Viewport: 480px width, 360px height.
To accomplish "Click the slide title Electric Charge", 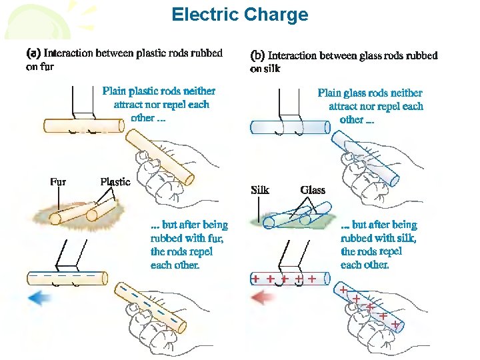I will pos(240,15).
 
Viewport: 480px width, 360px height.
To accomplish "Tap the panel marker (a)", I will pos(33,53).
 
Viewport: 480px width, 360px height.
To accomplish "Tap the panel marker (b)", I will pos(257,55).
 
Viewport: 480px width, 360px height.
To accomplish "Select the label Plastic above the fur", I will pos(115,181).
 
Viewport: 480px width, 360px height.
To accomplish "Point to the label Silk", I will pos(259,190).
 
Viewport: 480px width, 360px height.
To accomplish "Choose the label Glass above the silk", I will pos(313,190).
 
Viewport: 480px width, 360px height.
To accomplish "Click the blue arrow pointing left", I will pos(41,298).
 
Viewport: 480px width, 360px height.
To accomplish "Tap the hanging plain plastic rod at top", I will pos(83,125).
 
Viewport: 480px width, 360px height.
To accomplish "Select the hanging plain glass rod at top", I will pos(289,127).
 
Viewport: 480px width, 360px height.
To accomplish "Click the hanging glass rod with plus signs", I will pos(289,279).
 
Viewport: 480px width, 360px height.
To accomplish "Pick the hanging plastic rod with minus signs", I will pos(67,277).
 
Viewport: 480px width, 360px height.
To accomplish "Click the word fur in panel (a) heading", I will pos(47,67).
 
